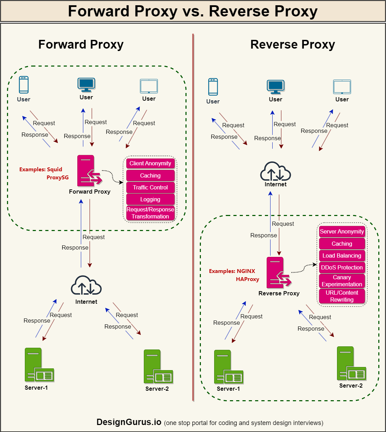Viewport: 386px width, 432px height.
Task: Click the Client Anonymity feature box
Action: [x=150, y=164]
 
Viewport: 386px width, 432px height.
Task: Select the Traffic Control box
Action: [x=150, y=188]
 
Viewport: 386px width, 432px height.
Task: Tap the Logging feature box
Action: [x=150, y=200]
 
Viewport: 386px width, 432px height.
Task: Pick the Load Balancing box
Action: [x=342, y=256]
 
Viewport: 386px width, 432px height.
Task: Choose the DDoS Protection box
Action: [x=342, y=268]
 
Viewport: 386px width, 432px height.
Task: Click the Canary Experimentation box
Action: [x=342, y=281]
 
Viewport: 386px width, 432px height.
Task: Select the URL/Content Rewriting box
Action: [x=342, y=296]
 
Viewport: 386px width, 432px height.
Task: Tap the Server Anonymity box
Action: [x=342, y=232]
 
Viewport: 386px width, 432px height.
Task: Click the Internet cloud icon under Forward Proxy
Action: [x=86, y=286]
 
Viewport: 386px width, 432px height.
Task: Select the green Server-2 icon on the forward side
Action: [x=158, y=367]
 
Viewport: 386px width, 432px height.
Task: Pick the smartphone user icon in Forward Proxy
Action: [x=24, y=85]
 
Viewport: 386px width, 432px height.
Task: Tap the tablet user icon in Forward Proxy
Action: [x=149, y=86]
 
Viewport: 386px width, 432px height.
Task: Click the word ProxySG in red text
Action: [x=57, y=178]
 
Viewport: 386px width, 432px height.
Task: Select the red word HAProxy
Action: [x=247, y=279]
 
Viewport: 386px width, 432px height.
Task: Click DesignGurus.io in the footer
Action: [x=129, y=422]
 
